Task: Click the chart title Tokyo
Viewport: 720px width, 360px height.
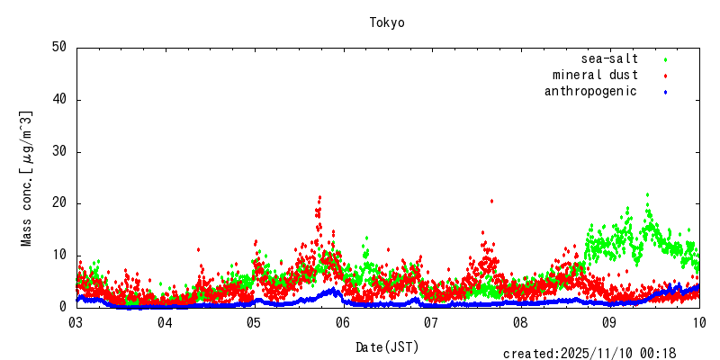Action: click(x=387, y=22)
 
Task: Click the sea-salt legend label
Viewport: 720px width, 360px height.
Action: click(x=609, y=58)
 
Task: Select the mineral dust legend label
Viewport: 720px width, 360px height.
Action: click(x=595, y=75)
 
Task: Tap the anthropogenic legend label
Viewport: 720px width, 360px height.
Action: click(x=590, y=91)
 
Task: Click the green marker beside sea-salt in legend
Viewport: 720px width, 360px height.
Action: click(x=665, y=59)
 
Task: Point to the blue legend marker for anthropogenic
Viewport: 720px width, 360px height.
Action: click(x=665, y=92)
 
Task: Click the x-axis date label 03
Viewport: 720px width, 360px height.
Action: click(x=76, y=322)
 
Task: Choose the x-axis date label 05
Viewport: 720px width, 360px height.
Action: click(x=254, y=322)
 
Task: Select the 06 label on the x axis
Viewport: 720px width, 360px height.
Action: click(x=343, y=322)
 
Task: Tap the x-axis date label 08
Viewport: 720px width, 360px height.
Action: click(x=521, y=322)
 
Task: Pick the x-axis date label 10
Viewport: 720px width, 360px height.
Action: click(x=699, y=322)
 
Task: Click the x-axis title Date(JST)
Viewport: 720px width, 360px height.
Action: click(x=387, y=346)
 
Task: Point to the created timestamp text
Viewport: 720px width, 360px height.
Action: click(x=589, y=354)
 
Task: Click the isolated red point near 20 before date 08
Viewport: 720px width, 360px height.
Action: click(x=491, y=202)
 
